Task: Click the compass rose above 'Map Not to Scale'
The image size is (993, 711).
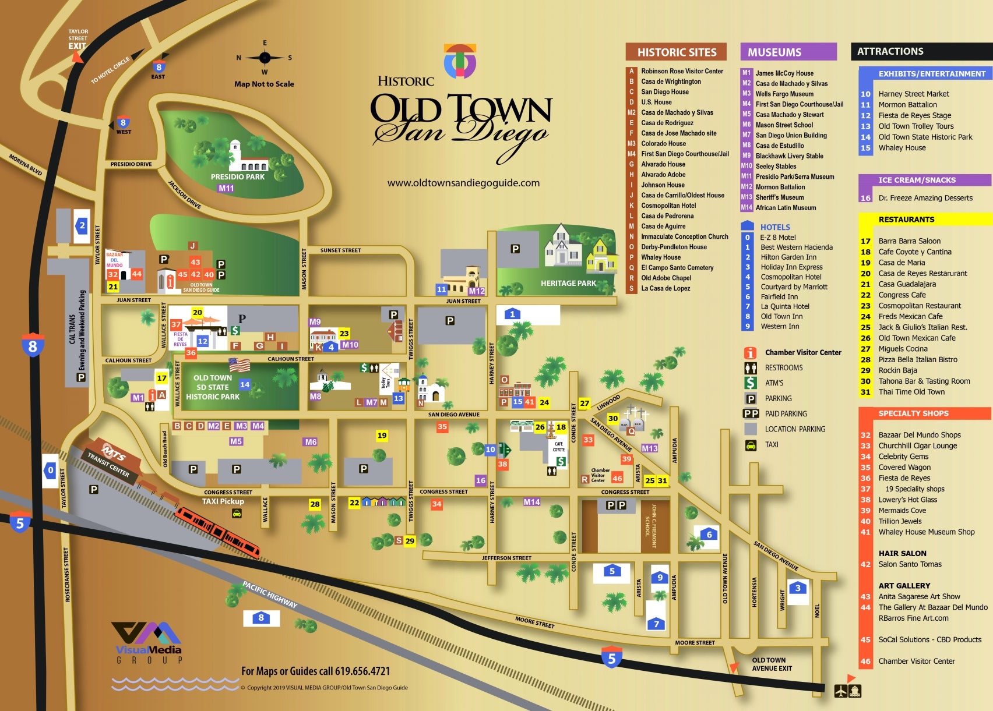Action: click(x=265, y=58)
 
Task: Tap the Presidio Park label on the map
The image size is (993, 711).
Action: click(x=237, y=176)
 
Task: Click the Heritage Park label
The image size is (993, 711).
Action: click(x=568, y=283)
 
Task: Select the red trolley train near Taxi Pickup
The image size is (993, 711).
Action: click(x=218, y=531)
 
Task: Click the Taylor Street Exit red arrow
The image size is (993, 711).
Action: click(x=76, y=56)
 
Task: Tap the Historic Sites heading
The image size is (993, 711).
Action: click(x=676, y=52)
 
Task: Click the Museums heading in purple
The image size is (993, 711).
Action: click(x=774, y=52)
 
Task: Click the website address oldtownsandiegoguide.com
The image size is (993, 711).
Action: click(x=463, y=183)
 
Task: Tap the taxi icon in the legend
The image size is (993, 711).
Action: click(x=751, y=445)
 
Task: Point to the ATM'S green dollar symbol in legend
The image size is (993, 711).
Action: click(x=751, y=383)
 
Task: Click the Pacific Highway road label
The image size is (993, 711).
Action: click(x=270, y=595)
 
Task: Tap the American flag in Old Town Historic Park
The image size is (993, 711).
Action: click(x=240, y=365)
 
